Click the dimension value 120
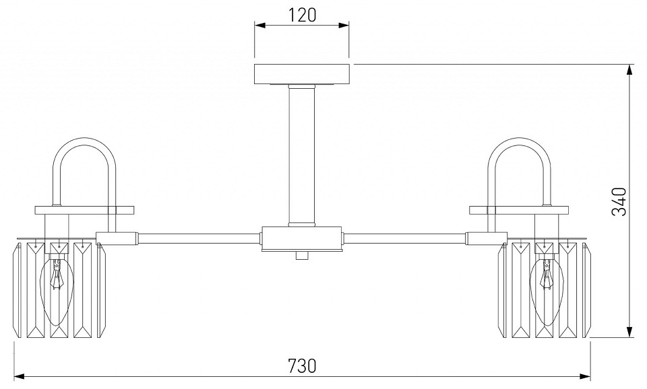[x=302, y=15]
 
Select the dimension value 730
[x=302, y=365]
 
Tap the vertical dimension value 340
[x=619, y=201]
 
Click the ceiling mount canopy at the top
[x=302, y=74]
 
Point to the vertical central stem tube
[x=302, y=155]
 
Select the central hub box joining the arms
[x=302, y=238]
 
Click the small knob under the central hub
[x=302, y=255]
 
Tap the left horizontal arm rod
[x=198, y=238]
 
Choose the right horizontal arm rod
[x=405, y=238]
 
